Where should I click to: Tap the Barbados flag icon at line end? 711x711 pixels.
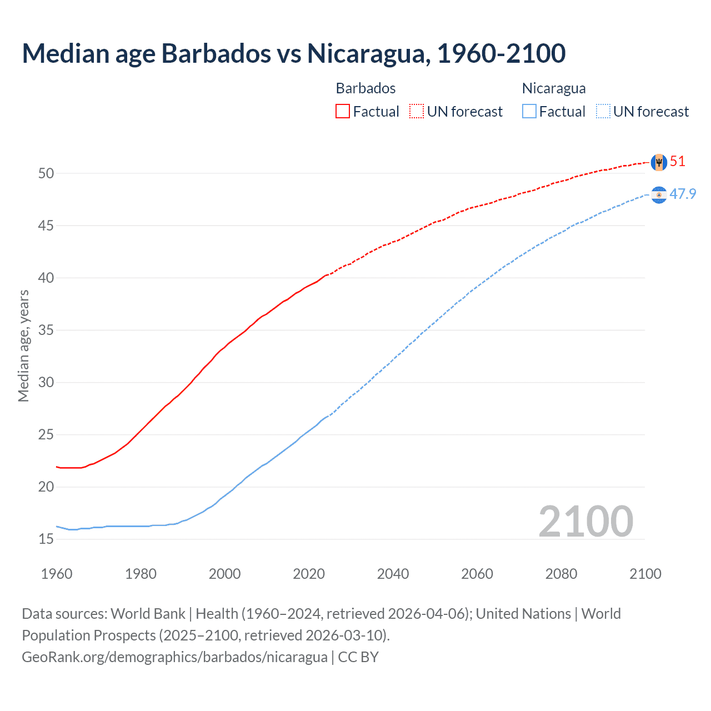point(659,162)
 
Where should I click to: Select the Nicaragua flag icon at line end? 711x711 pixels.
point(659,195)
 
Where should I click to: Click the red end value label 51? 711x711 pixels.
point(678,162)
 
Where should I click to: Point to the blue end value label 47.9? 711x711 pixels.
point(683,194)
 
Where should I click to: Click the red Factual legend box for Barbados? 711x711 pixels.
point(343,112)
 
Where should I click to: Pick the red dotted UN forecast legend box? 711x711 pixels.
point(417,112)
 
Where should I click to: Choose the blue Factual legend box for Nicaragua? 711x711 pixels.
point(529,112)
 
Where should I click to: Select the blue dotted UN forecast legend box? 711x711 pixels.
point(603,112)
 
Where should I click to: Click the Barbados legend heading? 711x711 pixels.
point(365,88)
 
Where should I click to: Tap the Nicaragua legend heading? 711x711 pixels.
point(554,88)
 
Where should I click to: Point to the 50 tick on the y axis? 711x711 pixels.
point(46,173)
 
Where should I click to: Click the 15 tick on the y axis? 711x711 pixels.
point(46,539)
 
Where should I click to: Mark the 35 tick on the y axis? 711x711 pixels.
point(46,330)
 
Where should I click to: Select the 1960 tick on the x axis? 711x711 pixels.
point(57,574)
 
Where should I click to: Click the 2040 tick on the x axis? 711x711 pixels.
point(393,574)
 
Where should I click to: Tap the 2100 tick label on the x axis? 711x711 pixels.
point(645,574)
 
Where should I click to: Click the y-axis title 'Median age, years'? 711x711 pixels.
point(23,346)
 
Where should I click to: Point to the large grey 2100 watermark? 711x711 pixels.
point(585,521)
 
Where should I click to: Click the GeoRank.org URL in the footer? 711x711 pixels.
point(174,657)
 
